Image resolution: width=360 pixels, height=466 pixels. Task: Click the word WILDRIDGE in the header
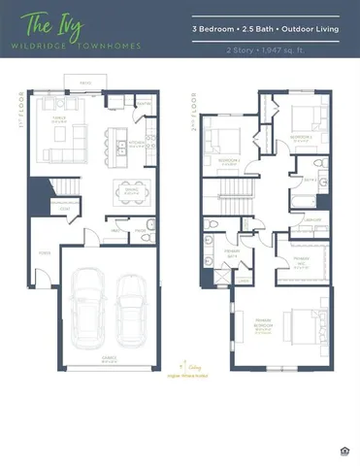49,46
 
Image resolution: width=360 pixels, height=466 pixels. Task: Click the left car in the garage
88,305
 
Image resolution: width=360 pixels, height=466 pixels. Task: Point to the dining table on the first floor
130,190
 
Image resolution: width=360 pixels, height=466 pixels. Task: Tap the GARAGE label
109,357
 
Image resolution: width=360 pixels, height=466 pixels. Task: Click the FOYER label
44,252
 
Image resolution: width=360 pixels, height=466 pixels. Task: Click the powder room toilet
149,226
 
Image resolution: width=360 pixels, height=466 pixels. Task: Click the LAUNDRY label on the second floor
312,220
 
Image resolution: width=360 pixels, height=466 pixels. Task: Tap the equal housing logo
345,449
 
